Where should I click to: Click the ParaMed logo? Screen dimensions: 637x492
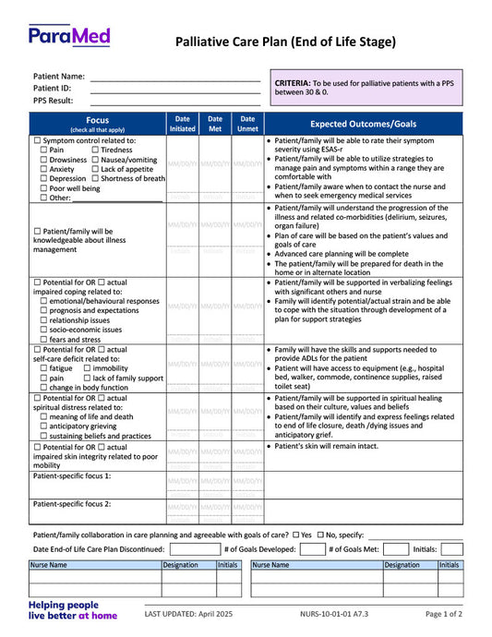click(69, 35)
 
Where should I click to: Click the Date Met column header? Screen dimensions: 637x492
click(215, 124)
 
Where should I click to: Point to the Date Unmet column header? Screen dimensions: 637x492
click(247, 124)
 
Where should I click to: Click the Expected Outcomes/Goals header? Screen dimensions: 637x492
click(363, 124)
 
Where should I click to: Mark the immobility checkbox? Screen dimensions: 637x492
click(86, 367)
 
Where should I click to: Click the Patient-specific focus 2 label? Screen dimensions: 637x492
click(72, 504)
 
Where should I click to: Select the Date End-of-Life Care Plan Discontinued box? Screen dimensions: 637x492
click(195, 548)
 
